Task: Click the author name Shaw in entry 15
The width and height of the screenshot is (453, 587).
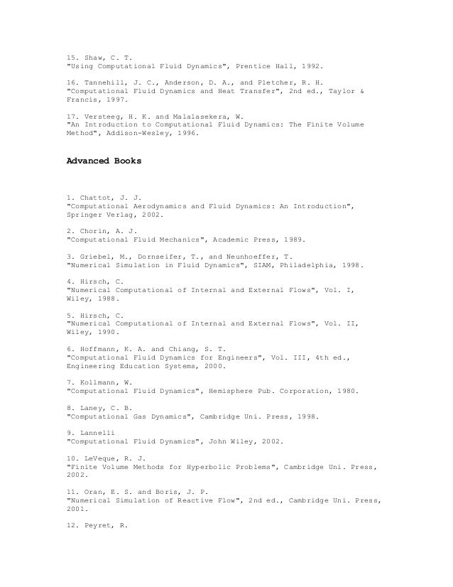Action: [x=91, y=55]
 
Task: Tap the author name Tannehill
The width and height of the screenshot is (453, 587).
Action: [x=104, y=83]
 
